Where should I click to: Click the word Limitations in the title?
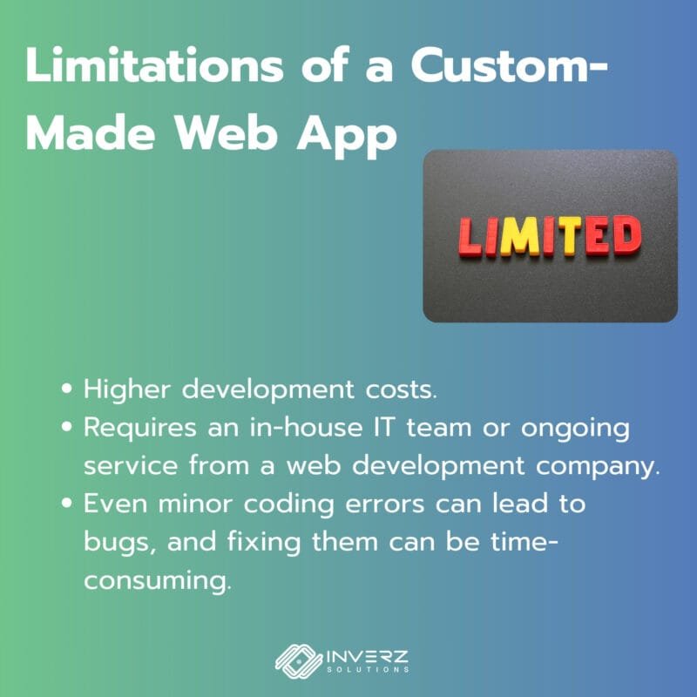coord(154,64)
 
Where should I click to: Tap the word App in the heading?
coord(347,136)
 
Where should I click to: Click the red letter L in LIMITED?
coord(470,237)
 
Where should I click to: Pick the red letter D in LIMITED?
coord(626,234)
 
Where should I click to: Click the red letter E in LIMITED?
coord(598,235)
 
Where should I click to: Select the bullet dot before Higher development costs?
coord(67,389)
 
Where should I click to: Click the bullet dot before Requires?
coord(67,427)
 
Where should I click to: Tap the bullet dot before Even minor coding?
coord(67,504)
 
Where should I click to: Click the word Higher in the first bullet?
coord(127,389)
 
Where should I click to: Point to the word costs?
coord(402,390)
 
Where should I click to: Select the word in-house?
coord(307,427)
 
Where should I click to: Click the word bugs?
coord(119,543)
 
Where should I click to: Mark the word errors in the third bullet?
coord(384,504)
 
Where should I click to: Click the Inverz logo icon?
coord(299,661)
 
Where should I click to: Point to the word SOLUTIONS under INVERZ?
coord(368,669)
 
